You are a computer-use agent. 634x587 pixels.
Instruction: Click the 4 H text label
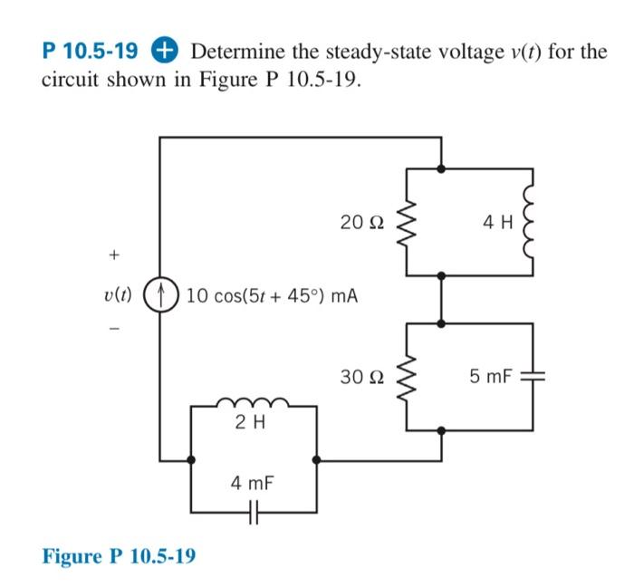point(497,220)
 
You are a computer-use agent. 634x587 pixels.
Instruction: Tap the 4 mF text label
point(249,484)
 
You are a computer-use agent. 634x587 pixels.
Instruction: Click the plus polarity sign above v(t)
point(114,256)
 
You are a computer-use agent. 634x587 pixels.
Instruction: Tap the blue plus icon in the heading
point(171,51)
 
